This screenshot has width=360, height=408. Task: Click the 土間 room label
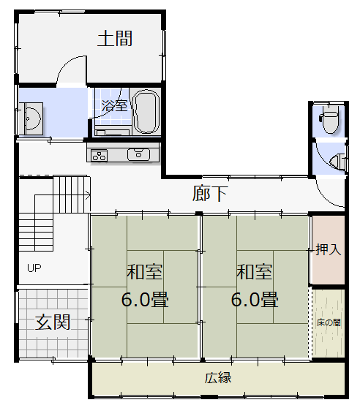(115, 39)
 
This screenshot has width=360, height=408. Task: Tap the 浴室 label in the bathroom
(114, 105)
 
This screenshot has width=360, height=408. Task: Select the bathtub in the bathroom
(146, 112)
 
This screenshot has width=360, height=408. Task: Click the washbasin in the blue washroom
(32, 118)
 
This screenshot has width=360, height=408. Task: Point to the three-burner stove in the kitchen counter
(100, 156)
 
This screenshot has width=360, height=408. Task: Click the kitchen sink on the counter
(138, 154)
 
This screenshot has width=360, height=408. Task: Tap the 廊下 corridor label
(210, 193)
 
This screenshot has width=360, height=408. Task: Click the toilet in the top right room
(329, 119)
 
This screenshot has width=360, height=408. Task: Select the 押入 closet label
(329, 249)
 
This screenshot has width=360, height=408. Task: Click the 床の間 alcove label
(329, 322)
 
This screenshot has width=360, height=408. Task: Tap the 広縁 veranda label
(218, 378)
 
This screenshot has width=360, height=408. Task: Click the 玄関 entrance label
(53, 322)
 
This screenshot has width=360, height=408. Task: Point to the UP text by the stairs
(34, 268)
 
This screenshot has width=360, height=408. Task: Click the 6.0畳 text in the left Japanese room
(145, 299)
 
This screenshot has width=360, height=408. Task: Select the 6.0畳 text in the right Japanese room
(255, 299)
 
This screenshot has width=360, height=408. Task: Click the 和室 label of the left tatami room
(145, 272)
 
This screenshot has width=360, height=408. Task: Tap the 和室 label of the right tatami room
(255, 272)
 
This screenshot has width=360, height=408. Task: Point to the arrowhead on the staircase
(89, 194)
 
